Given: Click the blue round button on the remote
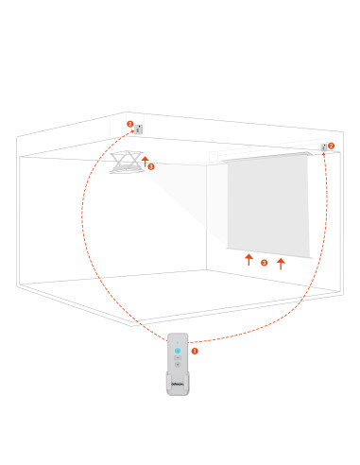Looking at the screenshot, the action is [x=178, y=351].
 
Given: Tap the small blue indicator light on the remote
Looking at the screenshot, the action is [x=178, y=342].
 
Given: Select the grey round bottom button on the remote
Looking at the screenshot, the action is [x=178, y=365].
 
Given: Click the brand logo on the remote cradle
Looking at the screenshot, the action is [x=178, y=384].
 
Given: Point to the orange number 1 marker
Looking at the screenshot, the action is [x=195, y=351].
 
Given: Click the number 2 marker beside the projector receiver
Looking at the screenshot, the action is [x=130, y=124].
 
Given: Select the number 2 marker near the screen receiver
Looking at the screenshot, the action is [x=331, y=146].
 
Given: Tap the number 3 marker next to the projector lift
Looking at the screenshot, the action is [x=151, y=166].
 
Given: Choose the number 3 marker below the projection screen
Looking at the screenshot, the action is [x=265, y=263].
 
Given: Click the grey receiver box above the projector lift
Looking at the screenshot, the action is [x=139, y=129].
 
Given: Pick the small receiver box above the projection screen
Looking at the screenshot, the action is [x=323, y=147].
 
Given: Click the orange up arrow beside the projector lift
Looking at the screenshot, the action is [x=145, y=162].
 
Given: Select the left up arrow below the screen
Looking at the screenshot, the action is [x=249, y=260].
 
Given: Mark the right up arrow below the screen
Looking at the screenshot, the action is [x=281, y=264].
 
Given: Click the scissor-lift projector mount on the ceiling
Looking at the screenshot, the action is [x=127, y=162].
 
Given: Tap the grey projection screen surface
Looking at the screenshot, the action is [x=268, y=205].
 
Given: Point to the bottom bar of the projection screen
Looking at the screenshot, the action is [x=269, y=253].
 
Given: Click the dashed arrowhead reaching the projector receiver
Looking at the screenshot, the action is [x=132, y=131].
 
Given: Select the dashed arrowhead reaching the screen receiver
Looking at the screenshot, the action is [x=323, y=154].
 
